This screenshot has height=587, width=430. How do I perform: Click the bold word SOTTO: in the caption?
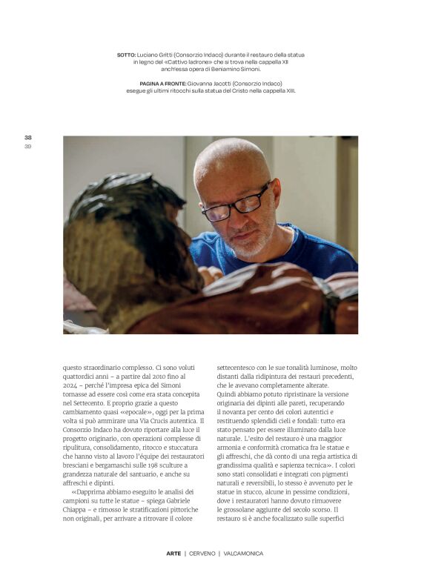126,55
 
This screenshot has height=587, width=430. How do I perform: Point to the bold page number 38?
27,137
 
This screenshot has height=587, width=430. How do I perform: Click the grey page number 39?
27,146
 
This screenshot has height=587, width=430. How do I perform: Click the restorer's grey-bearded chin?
248,248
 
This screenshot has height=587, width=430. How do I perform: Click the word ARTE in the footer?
173,553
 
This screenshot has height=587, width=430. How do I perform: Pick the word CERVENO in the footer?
202,553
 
